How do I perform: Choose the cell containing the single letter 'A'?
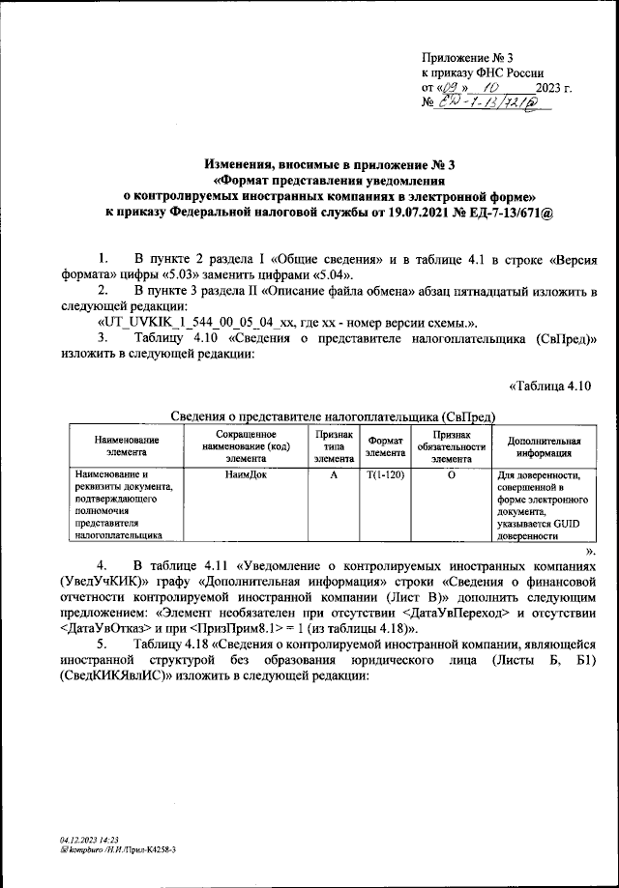coord(333,474)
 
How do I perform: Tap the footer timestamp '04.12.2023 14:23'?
coord(89,840)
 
